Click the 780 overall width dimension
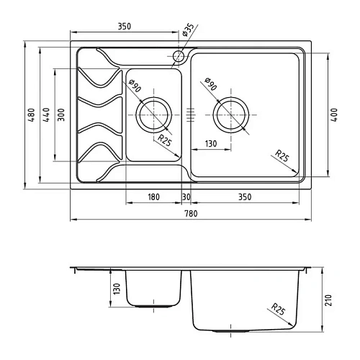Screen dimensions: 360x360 (x=191, y=213)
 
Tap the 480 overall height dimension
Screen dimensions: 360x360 (x=32, y=115)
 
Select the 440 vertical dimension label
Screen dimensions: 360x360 (x=46, y=114)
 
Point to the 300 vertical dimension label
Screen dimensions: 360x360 (x=61, y=114)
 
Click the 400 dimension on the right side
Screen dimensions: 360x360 (x=334, y=114)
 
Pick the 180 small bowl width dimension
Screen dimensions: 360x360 (x=153, y=197)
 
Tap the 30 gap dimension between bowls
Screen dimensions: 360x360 (x=186, y=197)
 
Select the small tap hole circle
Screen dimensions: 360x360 (x=179, y=56)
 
